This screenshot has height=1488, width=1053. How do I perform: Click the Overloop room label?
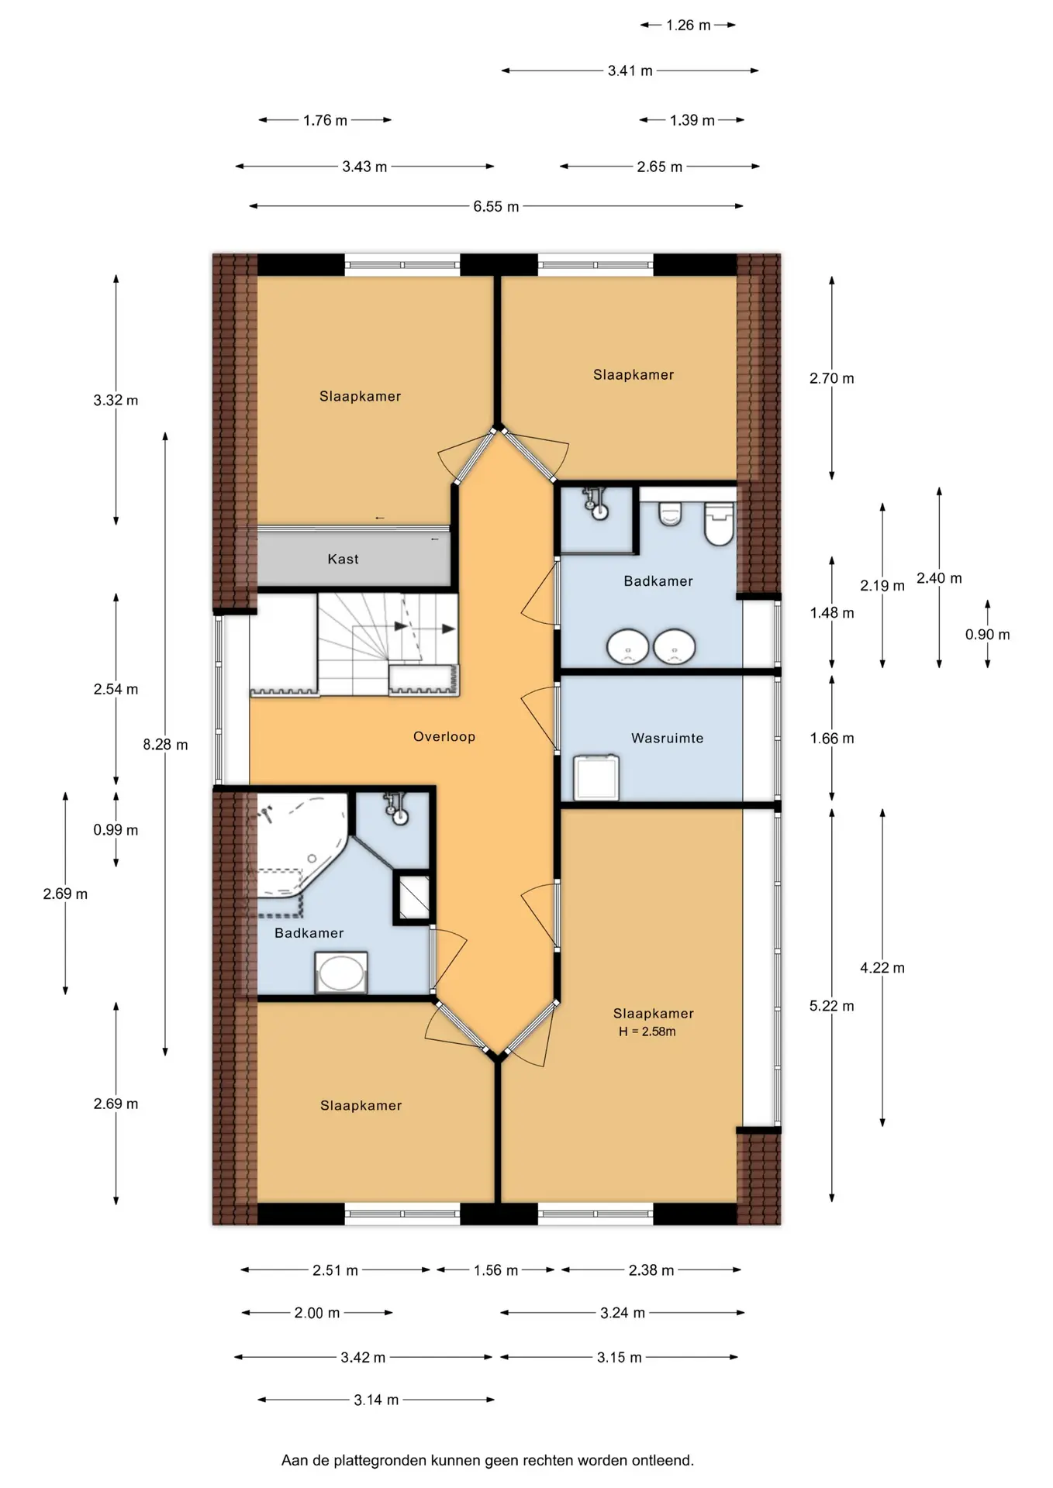(x=444, y=736)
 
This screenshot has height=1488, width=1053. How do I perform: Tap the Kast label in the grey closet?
(x=343, y=559)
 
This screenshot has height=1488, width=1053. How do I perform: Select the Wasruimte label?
(x=667, y=738)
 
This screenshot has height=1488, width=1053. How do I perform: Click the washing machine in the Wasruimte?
(x=596, y=777)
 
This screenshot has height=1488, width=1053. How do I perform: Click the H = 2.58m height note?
(x=647, y=1032)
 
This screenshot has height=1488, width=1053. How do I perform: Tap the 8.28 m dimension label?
(x=165, y=745)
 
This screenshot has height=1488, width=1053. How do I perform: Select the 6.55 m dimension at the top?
(x=495, y=206)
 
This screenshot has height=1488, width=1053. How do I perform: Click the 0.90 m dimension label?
(x=987, y=635)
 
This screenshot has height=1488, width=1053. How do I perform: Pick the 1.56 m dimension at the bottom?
(x=495, y=1270)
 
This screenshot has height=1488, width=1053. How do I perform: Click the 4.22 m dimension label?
(x=882, y=968)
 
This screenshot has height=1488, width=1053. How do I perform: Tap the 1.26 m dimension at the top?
(x=688, y=25)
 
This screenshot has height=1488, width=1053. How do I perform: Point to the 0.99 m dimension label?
(x=116, y=830)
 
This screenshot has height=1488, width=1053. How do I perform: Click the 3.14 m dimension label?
(x=376, y=1400)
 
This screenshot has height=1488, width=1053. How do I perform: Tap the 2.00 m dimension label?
(x=316, y=1313)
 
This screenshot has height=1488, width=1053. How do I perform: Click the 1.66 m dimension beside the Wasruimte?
(x=832, y=739)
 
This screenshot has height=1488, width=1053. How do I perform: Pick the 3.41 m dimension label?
(x=630, y=71)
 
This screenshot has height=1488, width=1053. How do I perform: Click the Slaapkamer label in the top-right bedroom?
(x=634, y=374)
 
